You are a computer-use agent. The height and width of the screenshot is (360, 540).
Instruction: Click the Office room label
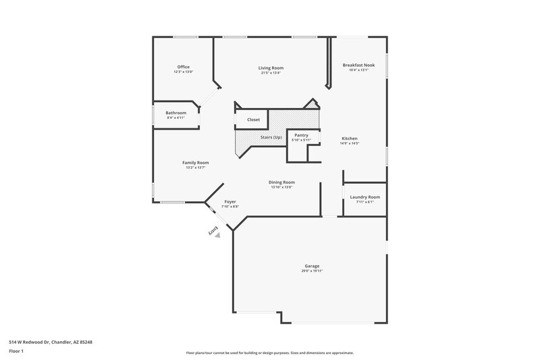[183, 67]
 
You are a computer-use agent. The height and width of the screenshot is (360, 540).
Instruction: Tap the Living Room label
[270, 68]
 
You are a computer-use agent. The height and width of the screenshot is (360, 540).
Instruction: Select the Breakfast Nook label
[358, 65]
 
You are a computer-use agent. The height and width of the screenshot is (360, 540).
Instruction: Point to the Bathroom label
[176, 113]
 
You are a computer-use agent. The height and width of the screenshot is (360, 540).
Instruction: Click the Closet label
[253, 120]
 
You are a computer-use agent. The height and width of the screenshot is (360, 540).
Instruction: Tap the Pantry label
[301, 135]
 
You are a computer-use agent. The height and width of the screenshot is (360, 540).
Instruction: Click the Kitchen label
[349, 138]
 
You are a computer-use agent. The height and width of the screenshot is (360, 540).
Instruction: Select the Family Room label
[196, 162]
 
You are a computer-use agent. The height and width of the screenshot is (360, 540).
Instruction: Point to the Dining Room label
[282, 182]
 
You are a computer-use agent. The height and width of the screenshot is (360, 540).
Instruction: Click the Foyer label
[231, 202]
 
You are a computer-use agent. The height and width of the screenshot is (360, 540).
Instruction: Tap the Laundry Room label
[364, 197]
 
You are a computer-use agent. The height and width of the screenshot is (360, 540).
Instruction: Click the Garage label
[312, 266]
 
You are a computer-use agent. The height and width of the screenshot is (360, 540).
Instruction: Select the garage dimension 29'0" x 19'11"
[312, 271]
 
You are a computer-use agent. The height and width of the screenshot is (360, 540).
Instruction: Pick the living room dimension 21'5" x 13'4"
[270, 72]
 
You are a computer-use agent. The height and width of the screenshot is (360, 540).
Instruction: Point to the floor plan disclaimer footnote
[270, 353]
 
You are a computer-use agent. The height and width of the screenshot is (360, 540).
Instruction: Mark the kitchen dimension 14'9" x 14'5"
[349, 143]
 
